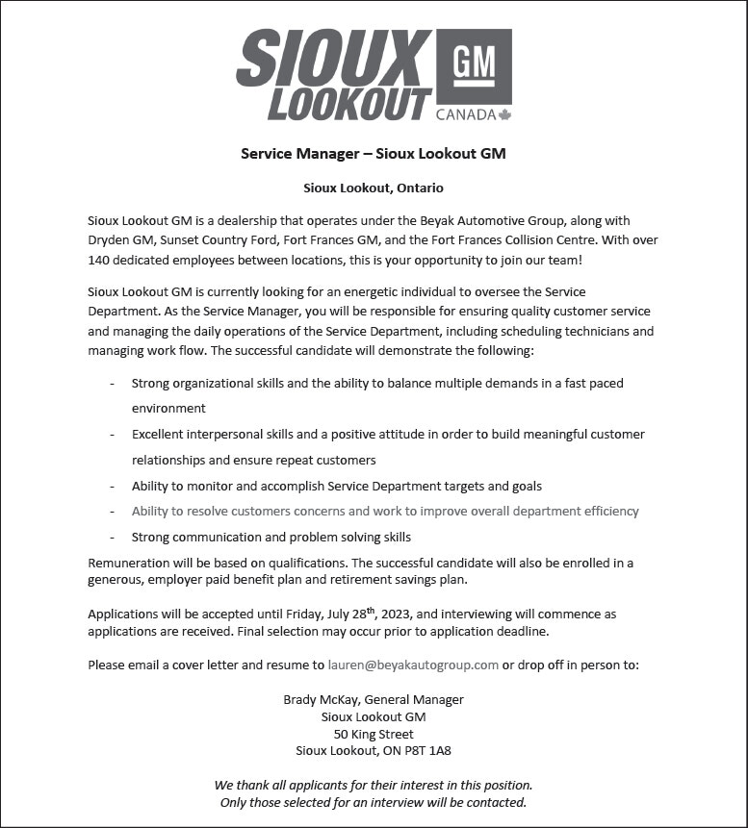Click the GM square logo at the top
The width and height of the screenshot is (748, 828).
pyautogui.click(x=474, y=66)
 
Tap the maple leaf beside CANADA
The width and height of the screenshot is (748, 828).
pyautogui.click(x=505, y=114)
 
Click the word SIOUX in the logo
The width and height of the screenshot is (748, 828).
pyautogui.click(x=334, y=58)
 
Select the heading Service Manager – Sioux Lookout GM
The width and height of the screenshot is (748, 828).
pyautogui.click(x=374, y=154)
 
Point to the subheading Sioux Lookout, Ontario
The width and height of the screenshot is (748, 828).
pyautogui.click(x=374, y=188)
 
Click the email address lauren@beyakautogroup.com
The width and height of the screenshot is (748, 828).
pyautogui.click(x=413, y=665)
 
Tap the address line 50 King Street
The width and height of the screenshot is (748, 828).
pyautogui.click(x=374, y=734)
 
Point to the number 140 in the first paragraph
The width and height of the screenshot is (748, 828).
pyautogui.click(x=99, y=260)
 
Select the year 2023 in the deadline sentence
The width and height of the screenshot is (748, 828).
pyautogui.click(x=394, y=614)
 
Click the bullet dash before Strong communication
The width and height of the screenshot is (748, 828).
pyautogui.click(x=112, y=538)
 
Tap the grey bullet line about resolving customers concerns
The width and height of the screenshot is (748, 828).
pyautogui.click(x=385, y=512)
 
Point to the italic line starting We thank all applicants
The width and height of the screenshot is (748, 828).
pyautogui.click(x=374, y=785)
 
